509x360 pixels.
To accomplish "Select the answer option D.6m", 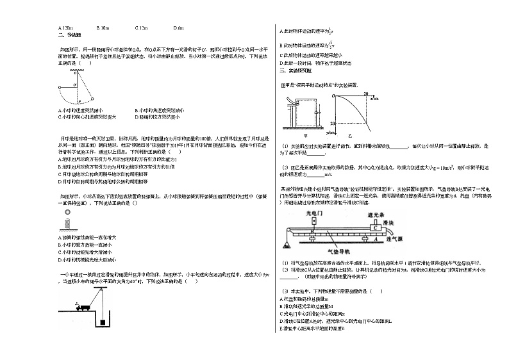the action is point(179,28).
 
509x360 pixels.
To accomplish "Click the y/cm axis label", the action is point(329,133).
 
